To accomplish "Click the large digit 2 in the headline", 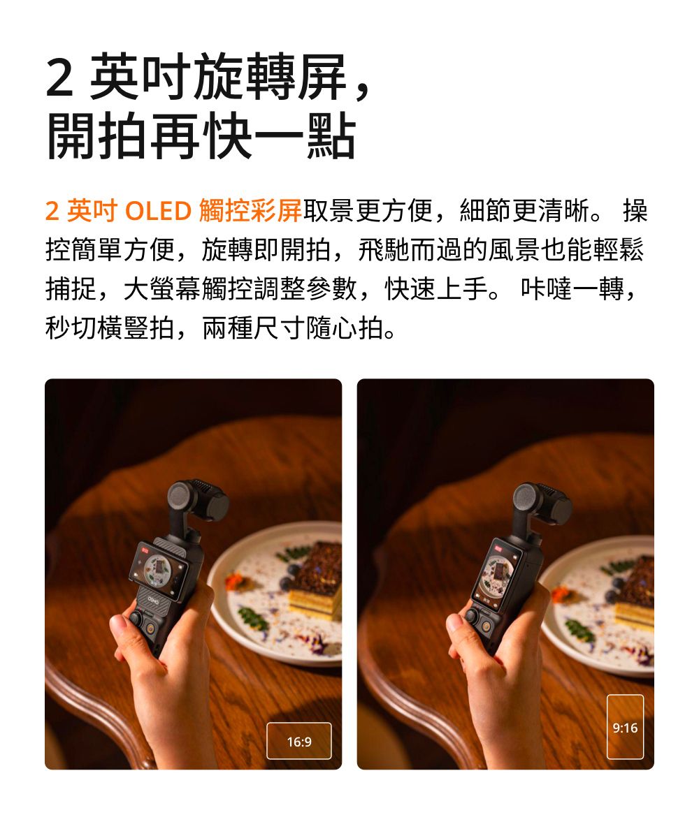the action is click(x=59, y=78).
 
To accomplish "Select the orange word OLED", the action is click(x=158, y=211).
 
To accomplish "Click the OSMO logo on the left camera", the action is click(x=153, y=600).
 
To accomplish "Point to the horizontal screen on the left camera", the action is click(x=159, y=571).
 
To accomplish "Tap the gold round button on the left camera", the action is click(x=152, y=628).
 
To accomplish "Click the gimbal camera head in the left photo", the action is click(x=198, y=501).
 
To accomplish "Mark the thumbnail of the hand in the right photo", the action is click(x=454, y=623).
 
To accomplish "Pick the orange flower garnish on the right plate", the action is click(x=560, y=593).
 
